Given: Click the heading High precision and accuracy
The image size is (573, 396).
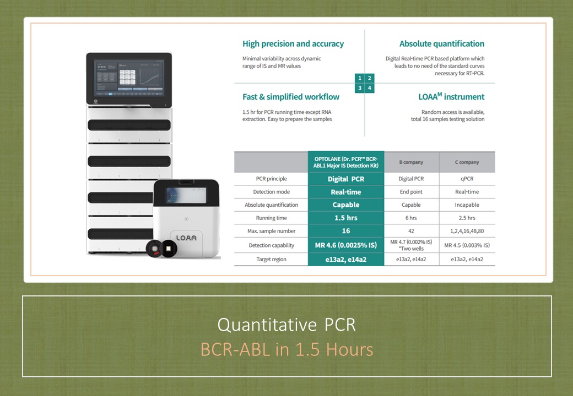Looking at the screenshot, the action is click(293, 44).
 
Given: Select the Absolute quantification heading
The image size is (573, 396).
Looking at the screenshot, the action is click(442, 44).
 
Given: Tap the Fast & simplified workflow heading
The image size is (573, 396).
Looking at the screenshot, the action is click(291, 97).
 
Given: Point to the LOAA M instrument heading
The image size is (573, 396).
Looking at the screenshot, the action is click(451, 97).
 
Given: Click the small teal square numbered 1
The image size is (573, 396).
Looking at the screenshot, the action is click(360, 78).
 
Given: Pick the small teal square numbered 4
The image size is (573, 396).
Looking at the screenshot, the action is click(370, 88).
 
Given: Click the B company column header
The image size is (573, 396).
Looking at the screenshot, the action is click(411, 162).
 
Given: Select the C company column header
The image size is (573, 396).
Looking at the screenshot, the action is click(467, 162).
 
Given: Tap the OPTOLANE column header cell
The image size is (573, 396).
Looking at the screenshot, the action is click(345, 162).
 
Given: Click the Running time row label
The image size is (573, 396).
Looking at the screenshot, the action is click(272, 218).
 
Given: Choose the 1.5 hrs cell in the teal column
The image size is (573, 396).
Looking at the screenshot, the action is click(345, 218).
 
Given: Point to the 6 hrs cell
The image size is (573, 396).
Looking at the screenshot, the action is click(411, 218).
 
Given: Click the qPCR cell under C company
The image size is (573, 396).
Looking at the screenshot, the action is click(467, 179).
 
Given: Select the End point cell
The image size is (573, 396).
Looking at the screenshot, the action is click(411, 192).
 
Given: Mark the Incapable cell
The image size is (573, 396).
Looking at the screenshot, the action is click(467, 205).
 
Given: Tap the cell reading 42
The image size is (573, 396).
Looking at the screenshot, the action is click(411, 231).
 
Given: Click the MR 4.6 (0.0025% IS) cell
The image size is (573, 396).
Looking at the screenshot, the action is click(345, 245).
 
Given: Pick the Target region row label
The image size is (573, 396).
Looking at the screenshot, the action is click(271, 259).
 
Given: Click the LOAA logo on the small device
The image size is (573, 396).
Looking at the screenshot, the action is click(186, 238).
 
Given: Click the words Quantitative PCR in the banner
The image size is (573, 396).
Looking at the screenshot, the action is click(286, 324).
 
